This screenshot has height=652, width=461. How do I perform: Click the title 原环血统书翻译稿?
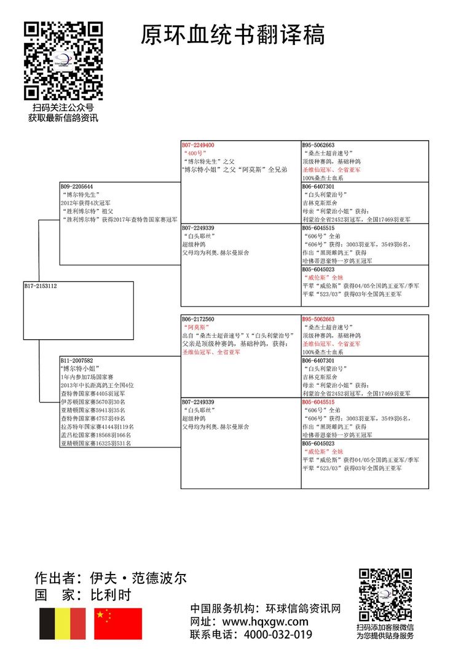[232, 35]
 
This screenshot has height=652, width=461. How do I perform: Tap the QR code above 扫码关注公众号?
[63, 61]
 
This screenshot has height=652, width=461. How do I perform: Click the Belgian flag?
[63, 623]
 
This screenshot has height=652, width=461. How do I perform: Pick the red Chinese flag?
[118, 623]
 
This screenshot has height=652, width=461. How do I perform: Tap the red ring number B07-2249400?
[197, 145]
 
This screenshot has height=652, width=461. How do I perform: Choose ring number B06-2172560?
[197, 320]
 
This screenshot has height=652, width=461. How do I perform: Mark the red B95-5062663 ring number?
[318, 320]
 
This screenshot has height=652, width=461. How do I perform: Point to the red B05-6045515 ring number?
[318, 402]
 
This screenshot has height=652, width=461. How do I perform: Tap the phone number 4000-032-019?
[277, 635]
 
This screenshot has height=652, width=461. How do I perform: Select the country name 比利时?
[110, 595]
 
